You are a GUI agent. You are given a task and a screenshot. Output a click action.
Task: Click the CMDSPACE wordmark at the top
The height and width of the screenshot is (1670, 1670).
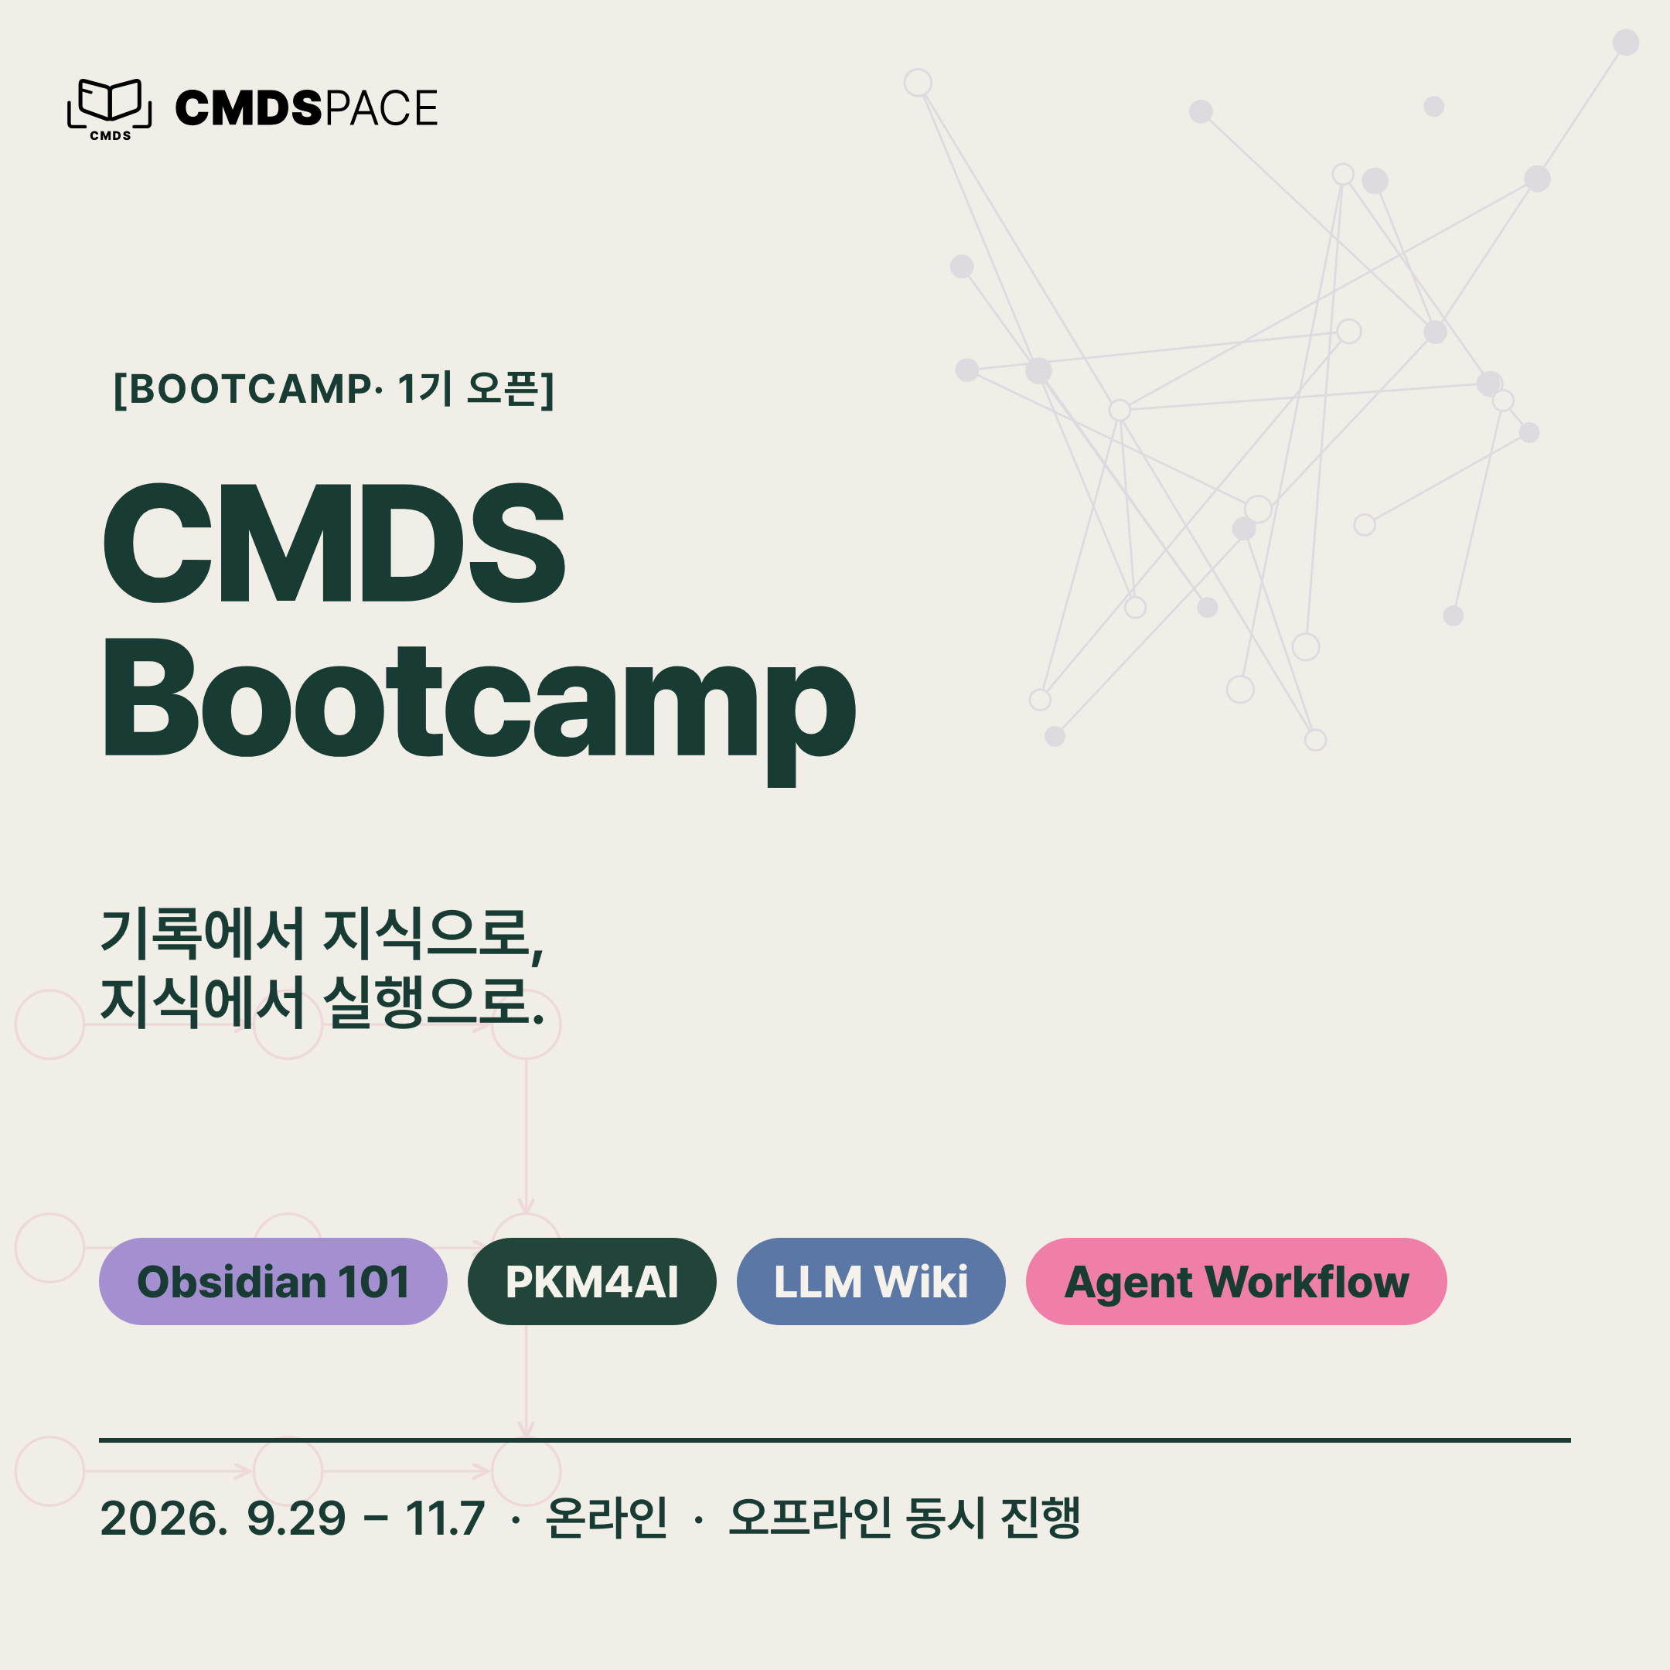tap(306, 108)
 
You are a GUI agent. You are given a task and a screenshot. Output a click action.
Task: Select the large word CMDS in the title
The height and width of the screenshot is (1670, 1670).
tap(334, 542)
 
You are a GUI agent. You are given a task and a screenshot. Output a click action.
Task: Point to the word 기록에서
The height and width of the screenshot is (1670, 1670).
tap(203, 932)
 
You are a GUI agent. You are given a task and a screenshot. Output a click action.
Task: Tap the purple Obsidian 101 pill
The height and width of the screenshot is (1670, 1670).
tap(273, 1281)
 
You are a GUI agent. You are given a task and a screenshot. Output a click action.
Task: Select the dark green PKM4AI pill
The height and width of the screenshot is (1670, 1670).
tap(592, 1281)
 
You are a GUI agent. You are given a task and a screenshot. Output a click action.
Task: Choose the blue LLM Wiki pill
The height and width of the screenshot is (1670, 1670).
tap(871, 1281)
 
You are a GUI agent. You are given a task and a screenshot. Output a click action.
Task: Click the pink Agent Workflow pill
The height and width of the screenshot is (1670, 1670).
tap(1236, 1281)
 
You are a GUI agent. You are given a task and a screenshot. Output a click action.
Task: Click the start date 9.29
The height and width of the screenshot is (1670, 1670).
tap(296, 1518)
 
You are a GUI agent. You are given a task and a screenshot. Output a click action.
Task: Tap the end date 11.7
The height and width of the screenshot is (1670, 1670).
tap(445, 1518)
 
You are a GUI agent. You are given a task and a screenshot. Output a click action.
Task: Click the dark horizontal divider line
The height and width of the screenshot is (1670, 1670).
tap(835, 1440)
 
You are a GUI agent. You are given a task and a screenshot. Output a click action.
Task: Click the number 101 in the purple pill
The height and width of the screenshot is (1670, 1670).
tap(373, 1282)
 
